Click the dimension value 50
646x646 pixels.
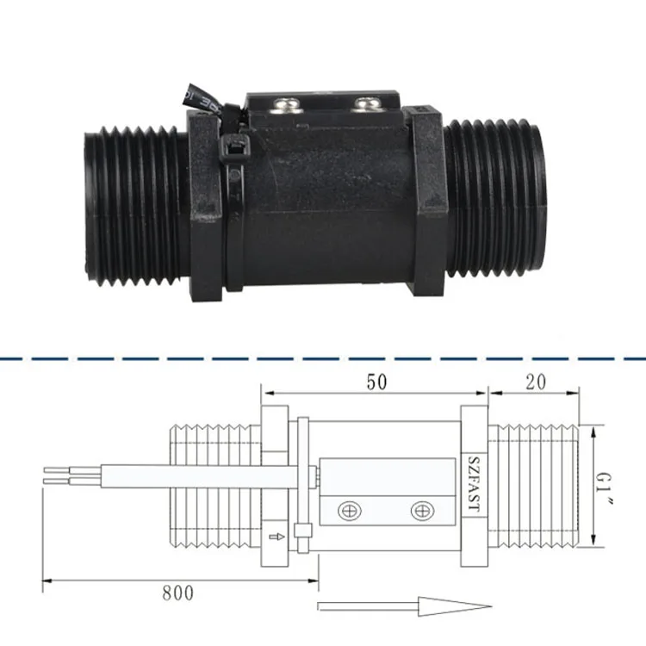click(376, 382)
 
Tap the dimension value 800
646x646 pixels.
click(178, 593)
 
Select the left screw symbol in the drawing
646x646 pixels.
click(349, 510)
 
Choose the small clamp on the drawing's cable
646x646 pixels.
click(301, 534)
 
